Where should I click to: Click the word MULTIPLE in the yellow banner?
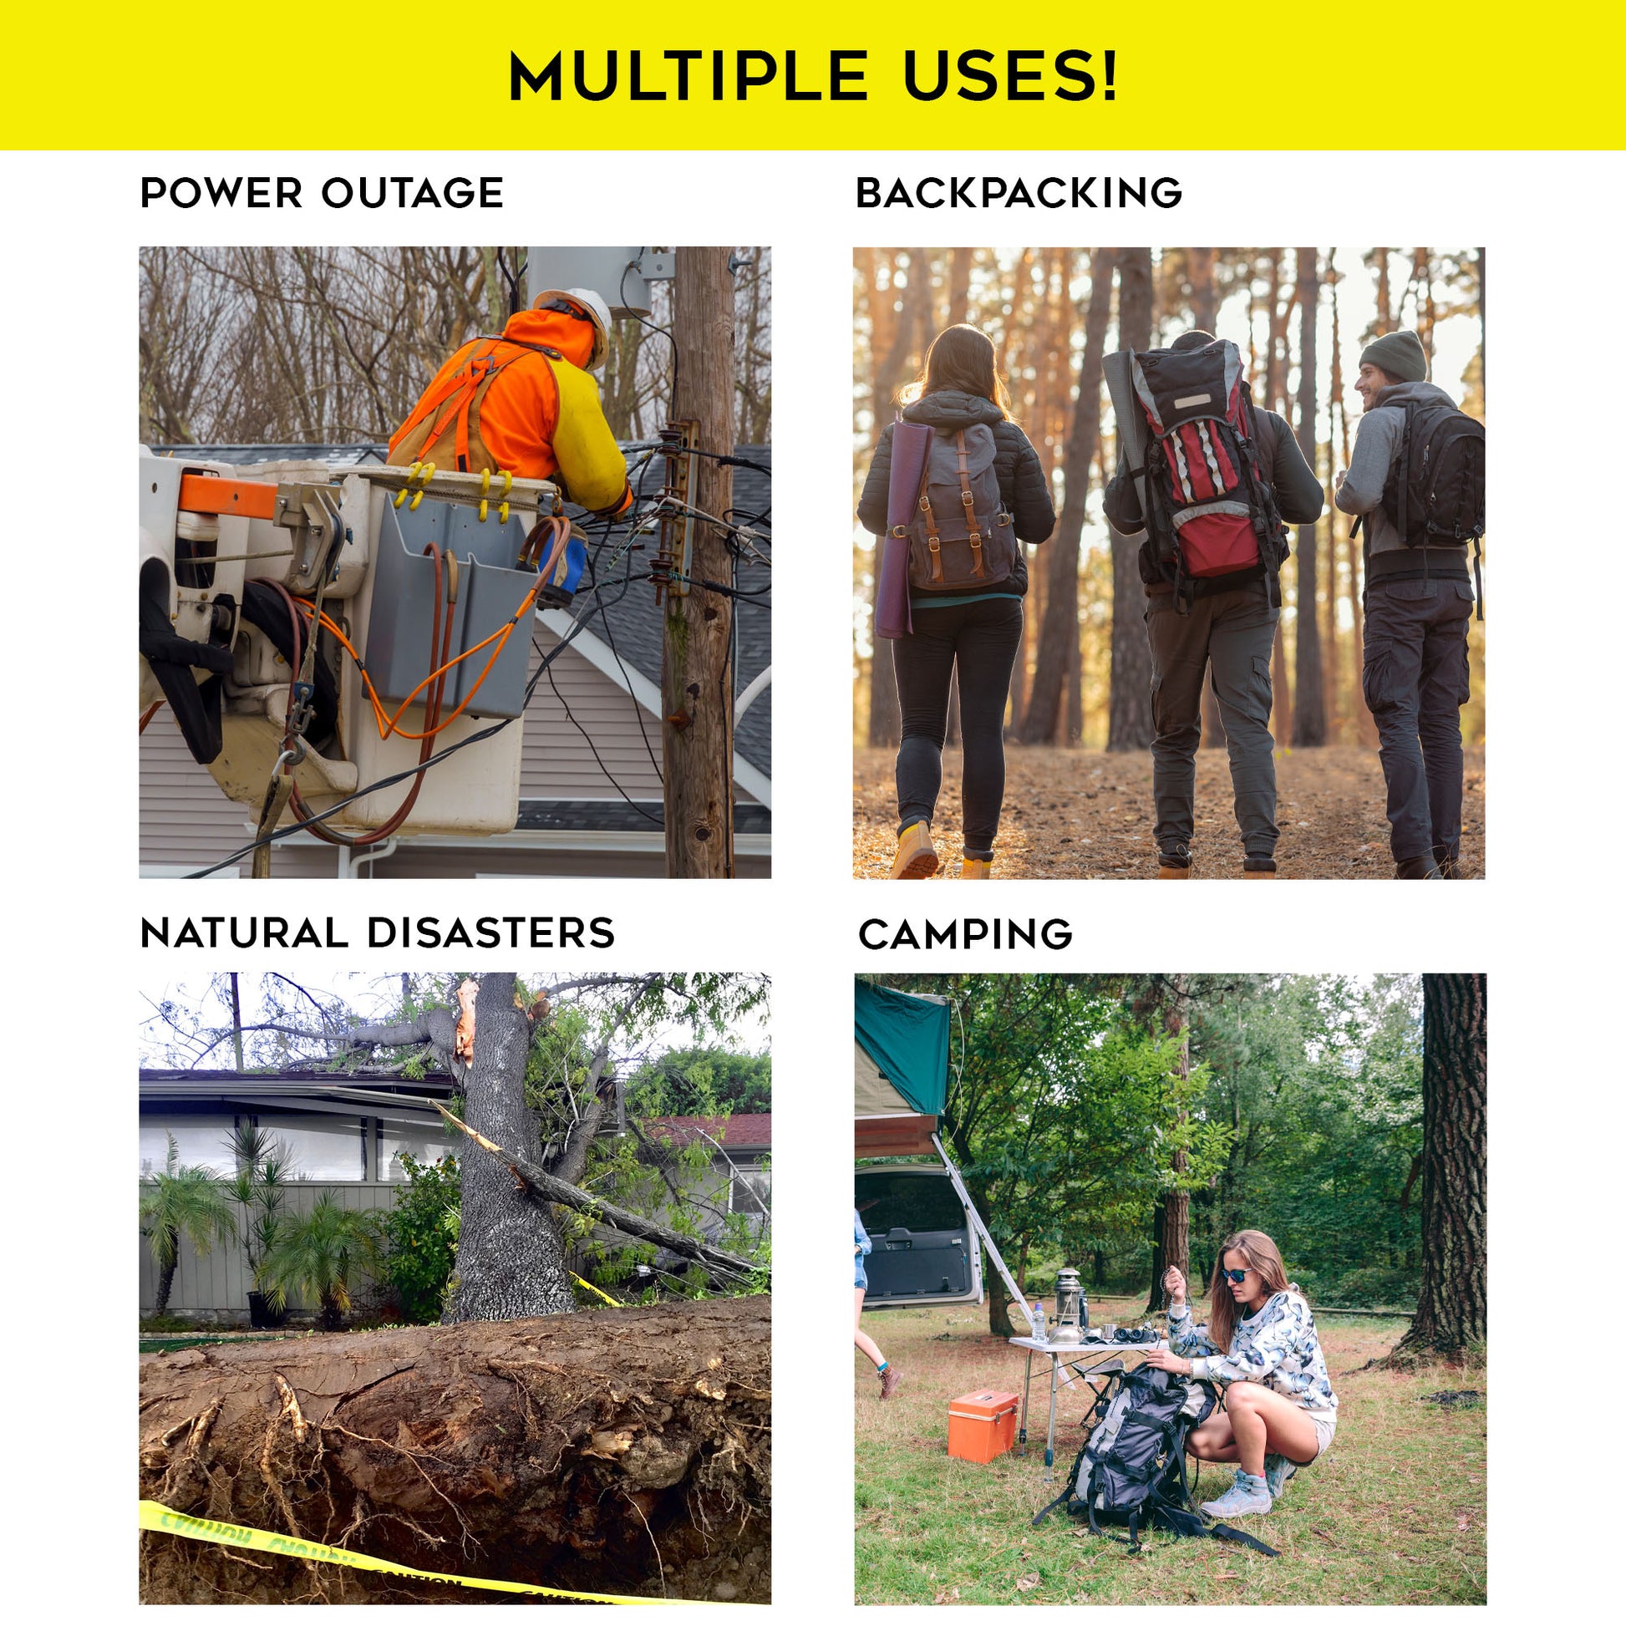[688, 76]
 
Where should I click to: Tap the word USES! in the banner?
[1011, 76]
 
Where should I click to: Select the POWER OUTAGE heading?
[322, 193]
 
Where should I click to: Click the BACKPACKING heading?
[1019, 193]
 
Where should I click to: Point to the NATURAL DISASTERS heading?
[378, 933]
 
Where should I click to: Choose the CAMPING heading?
[965, 934]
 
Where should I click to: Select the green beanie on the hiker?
[1393, 355]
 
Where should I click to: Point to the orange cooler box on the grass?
[982, 1425]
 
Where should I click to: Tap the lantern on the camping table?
[1068, 1309]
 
